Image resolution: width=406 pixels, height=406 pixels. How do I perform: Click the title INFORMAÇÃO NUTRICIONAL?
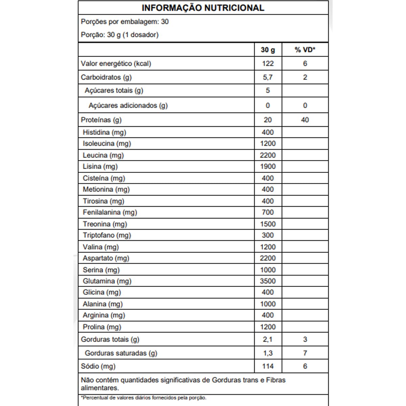(x=203, y=8)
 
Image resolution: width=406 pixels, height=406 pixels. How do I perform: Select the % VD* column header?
(x=305, y=50)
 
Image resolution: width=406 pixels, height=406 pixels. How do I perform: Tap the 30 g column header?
(x=268, y=50)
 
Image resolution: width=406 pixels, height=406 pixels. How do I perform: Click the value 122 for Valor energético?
(x=268, y=64)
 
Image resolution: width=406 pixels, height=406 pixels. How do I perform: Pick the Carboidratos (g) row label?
(x=106, y=77)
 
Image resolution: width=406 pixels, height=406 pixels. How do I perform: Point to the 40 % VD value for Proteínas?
(x=305, y=120)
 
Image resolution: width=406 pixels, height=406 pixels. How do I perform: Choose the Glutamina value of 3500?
(x=268, y=281)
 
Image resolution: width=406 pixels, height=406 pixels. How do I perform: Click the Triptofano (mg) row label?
(x=107, y=235)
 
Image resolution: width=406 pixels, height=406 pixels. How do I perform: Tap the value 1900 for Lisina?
(x=268, y=166)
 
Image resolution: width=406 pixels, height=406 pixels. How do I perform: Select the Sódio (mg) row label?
(x=98, y=366)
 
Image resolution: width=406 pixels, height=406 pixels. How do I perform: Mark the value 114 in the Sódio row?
(x=268, y=366)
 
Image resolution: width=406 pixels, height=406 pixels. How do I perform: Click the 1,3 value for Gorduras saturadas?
(x=268, y=353)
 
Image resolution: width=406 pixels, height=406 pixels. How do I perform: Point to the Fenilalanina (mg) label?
(x=110, y=212)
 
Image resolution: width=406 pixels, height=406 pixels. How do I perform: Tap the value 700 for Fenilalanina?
(x=268, y=212)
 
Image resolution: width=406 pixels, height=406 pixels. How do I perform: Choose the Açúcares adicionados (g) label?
(x=128, y=106)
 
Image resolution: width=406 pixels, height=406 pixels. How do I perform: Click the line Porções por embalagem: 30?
(x=125, y=22)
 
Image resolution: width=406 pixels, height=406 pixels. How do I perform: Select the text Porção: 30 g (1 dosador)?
(x=120, y=35)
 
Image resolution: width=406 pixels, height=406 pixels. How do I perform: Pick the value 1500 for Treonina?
(x=268, y=224)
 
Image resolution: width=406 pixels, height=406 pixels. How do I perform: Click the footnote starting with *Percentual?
(x=143, y=398)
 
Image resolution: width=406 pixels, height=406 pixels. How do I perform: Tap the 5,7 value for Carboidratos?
(x=268, y=77)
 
